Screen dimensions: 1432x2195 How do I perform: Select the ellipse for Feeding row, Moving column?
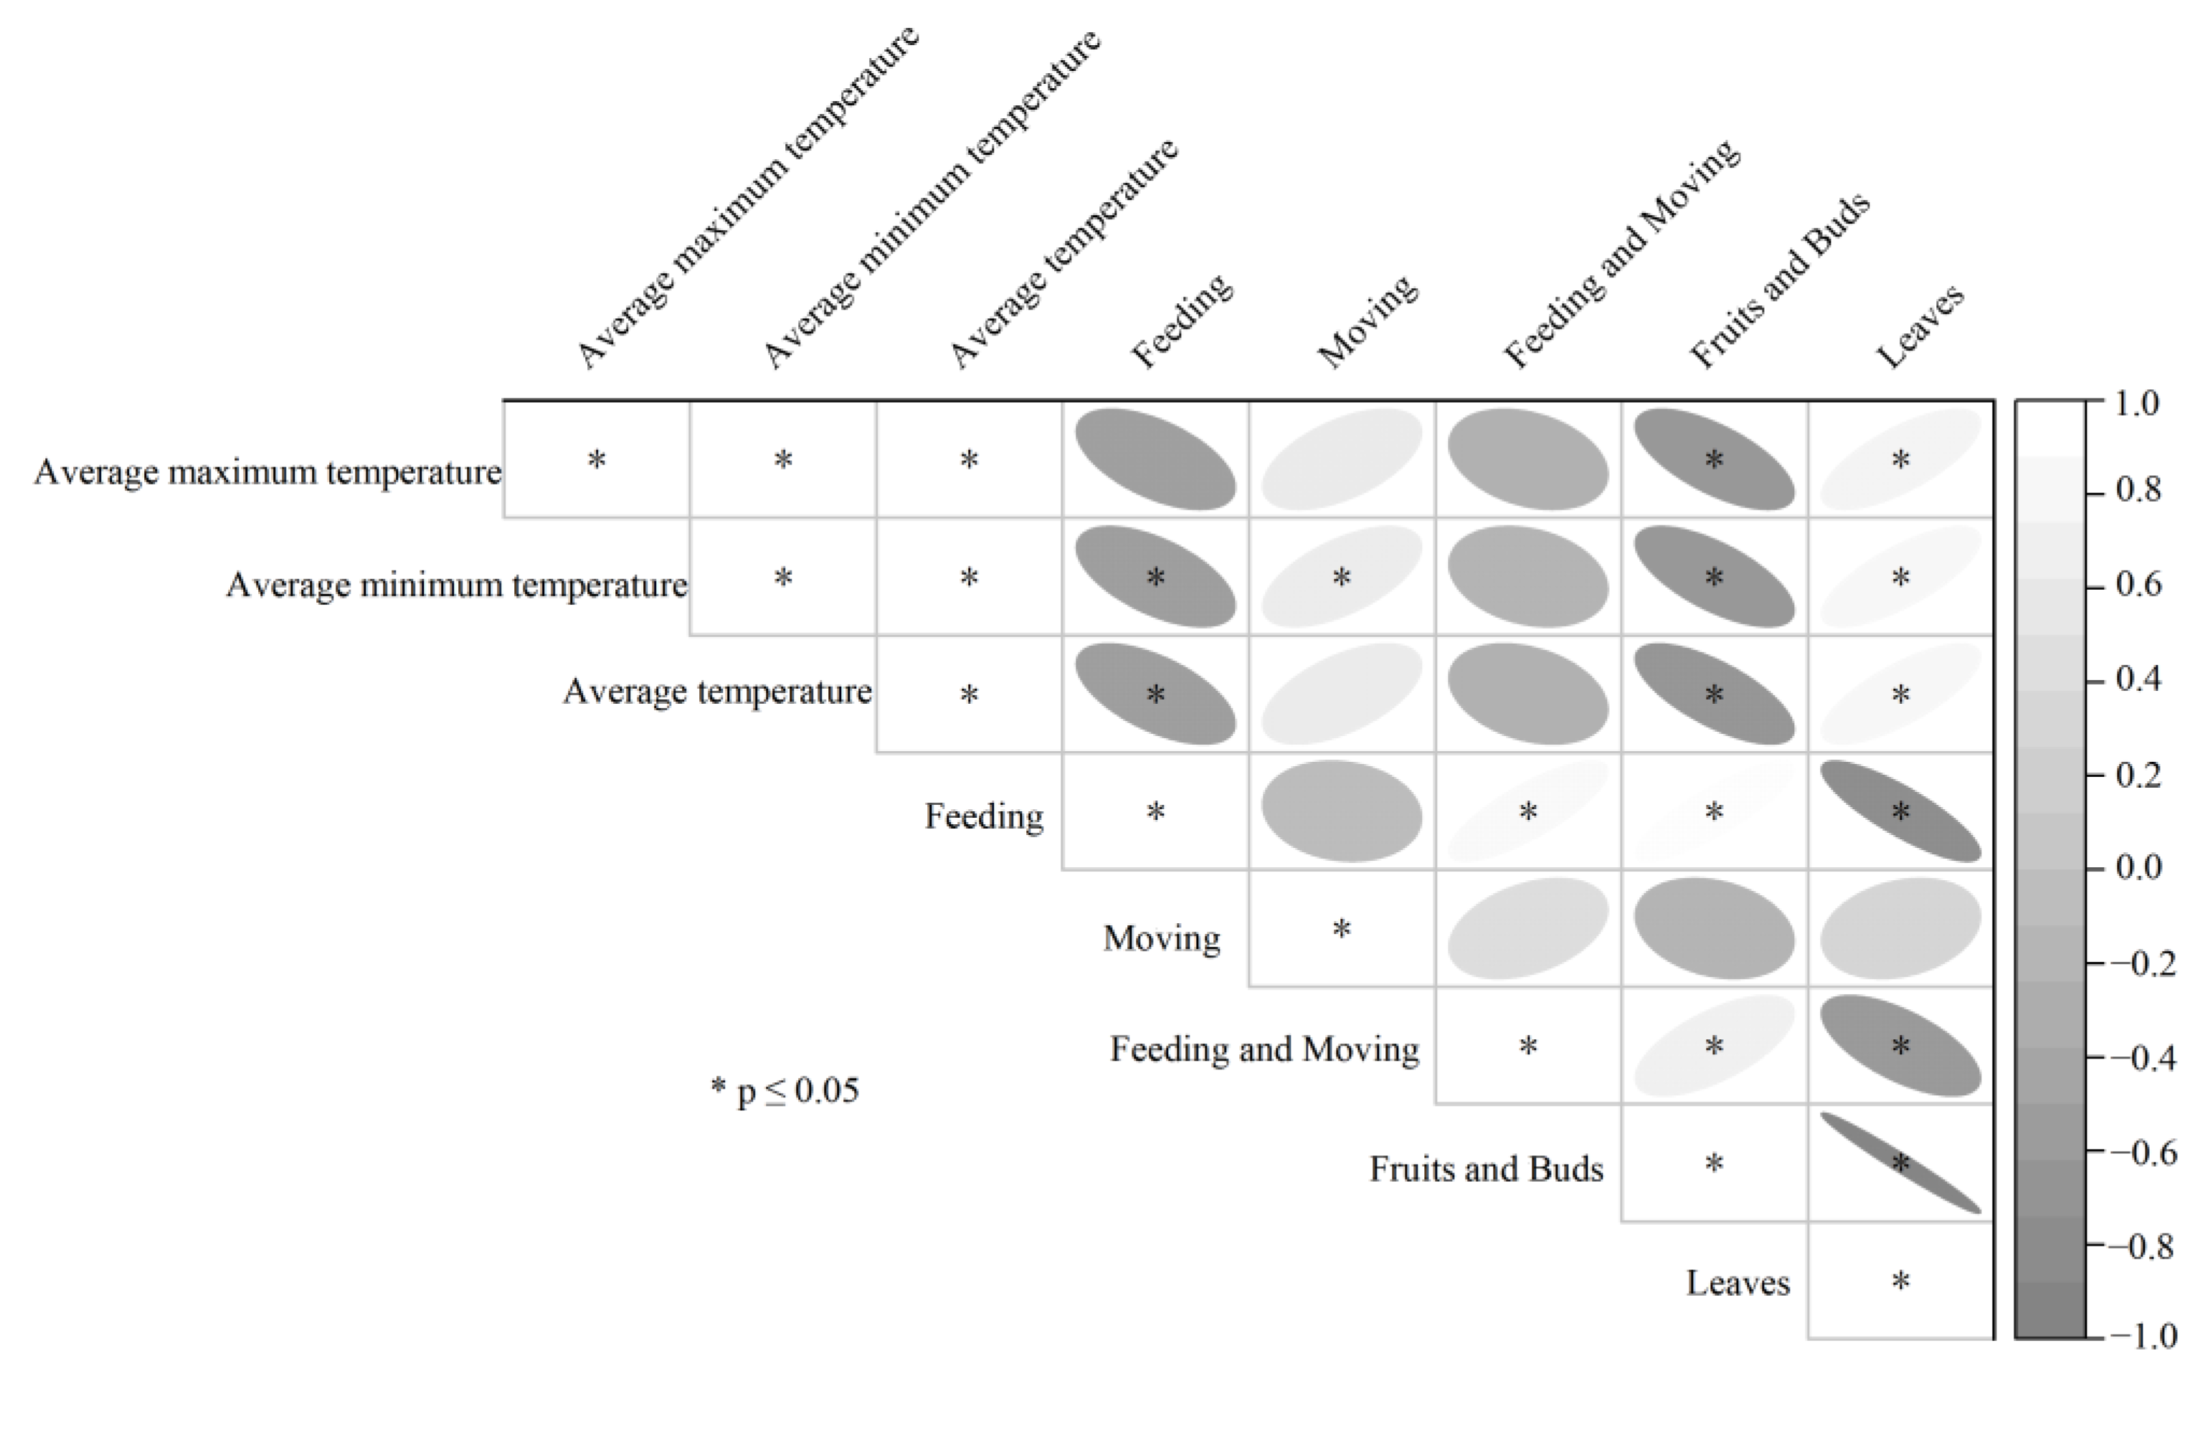coord(1341,811)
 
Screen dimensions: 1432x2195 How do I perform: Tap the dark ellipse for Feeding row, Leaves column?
coord(1900,811)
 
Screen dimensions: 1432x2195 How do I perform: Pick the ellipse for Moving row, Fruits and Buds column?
coord(1714,929)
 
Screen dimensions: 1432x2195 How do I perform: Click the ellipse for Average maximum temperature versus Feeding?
coord(1155,459)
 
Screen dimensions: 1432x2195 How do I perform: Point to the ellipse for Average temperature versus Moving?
coord(1341,693)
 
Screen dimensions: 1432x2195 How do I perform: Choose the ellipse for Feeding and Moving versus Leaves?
coord(1900,1046)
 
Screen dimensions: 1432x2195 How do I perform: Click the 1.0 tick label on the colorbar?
coord(2137,404)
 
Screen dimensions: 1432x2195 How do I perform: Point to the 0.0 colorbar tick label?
coord(2137,868)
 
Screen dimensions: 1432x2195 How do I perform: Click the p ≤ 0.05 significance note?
coord(785,1091)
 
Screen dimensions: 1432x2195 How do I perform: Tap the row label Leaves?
coord(1737,1283)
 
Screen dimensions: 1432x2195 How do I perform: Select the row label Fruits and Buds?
coord(1486,1169)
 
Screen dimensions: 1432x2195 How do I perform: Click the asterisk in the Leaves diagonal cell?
coord(1900,1281)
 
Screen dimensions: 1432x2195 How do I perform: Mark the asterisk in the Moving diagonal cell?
coord(1341,929)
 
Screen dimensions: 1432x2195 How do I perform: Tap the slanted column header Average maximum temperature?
coord(747,199)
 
